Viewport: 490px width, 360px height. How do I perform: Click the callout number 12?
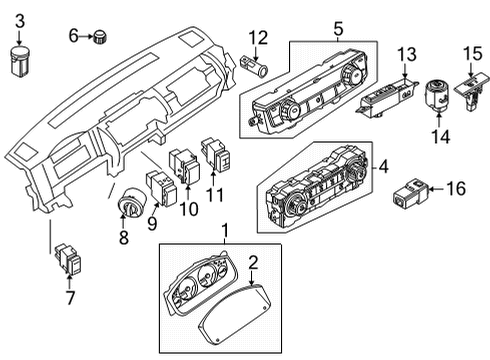click(x=259, y=38)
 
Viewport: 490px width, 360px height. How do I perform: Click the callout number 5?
click(x=338, y=30)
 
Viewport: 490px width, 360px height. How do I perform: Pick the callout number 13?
click(x=406, y=53)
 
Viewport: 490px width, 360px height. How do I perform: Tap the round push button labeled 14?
click(x=437, y=96)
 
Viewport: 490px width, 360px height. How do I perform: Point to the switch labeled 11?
click(x=216, y=154)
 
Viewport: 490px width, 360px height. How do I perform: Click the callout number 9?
click(x=153, y=224)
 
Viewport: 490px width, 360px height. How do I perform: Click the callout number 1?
click(x=225, y=232)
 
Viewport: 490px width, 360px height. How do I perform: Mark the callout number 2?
click(x=253, y=263)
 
